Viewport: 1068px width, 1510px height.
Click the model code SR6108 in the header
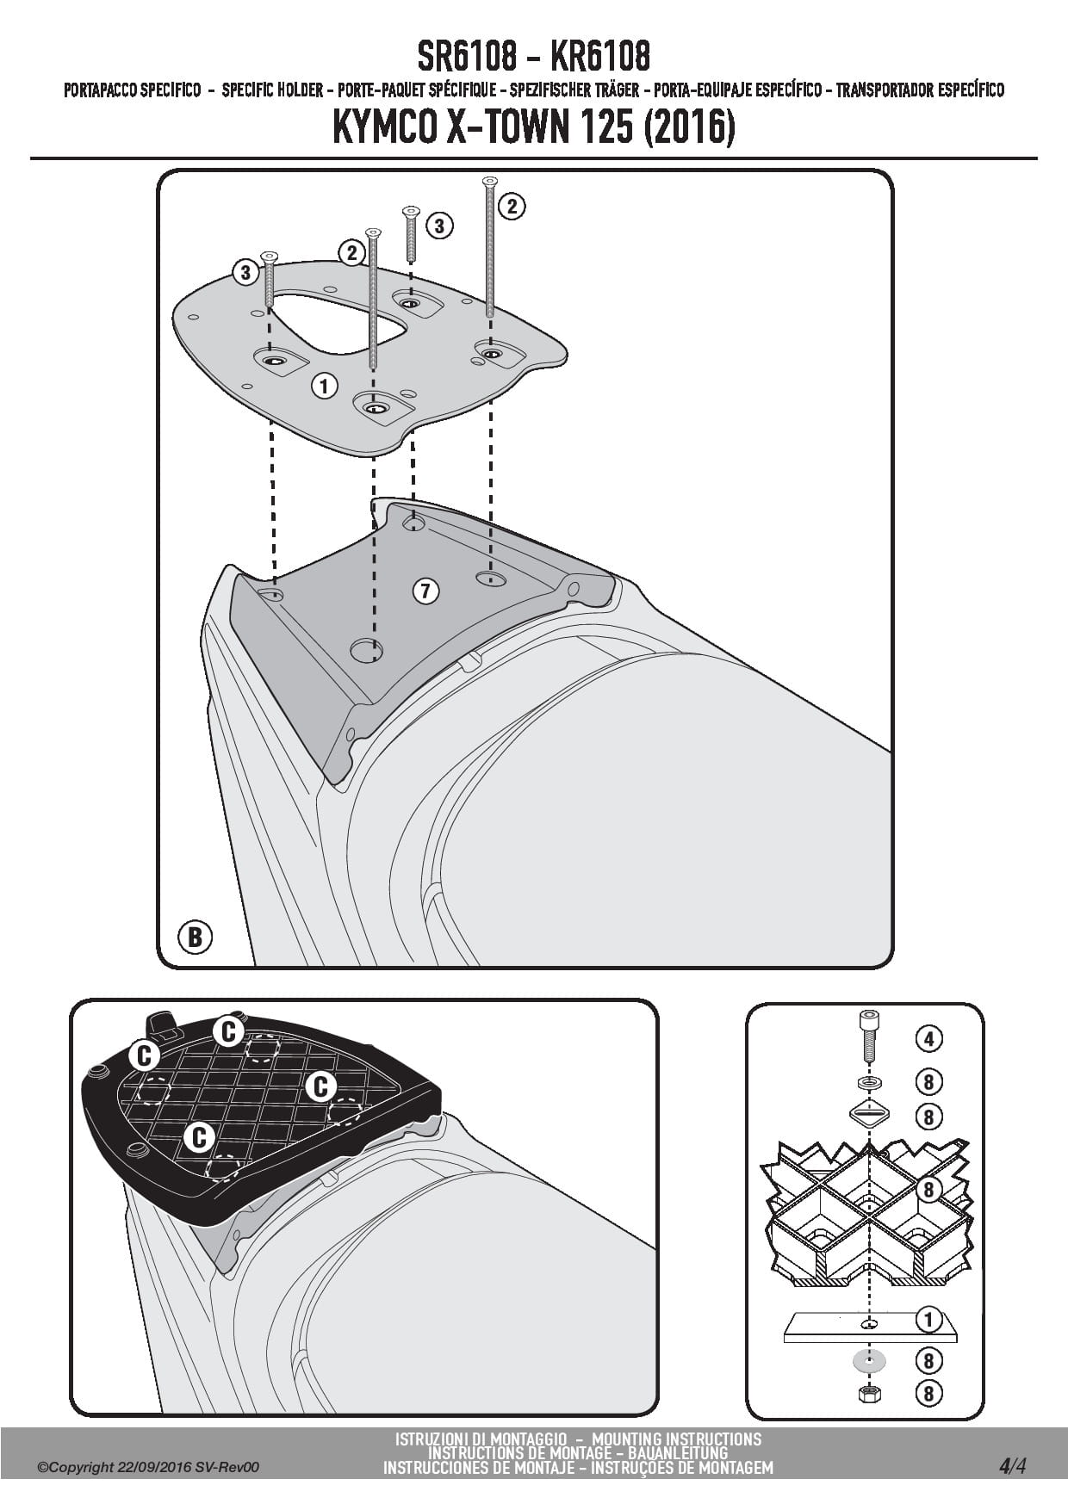468,57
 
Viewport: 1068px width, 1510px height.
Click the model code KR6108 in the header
599,57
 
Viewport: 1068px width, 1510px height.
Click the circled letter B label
195,936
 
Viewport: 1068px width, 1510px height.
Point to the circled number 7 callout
425,591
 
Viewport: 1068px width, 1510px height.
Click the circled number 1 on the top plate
324,385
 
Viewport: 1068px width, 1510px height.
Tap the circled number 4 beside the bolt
928,1039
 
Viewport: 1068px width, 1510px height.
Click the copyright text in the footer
147,1467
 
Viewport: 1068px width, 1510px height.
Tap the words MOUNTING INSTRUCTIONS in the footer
677,1439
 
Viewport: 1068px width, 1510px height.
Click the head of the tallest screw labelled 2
490,181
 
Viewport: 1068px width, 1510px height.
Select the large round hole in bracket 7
366,651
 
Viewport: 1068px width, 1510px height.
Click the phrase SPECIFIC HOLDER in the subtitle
272,90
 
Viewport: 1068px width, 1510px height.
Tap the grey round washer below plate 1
869,1361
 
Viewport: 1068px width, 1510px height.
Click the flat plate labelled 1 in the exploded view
869,1326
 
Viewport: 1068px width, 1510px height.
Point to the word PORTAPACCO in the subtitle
101,90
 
